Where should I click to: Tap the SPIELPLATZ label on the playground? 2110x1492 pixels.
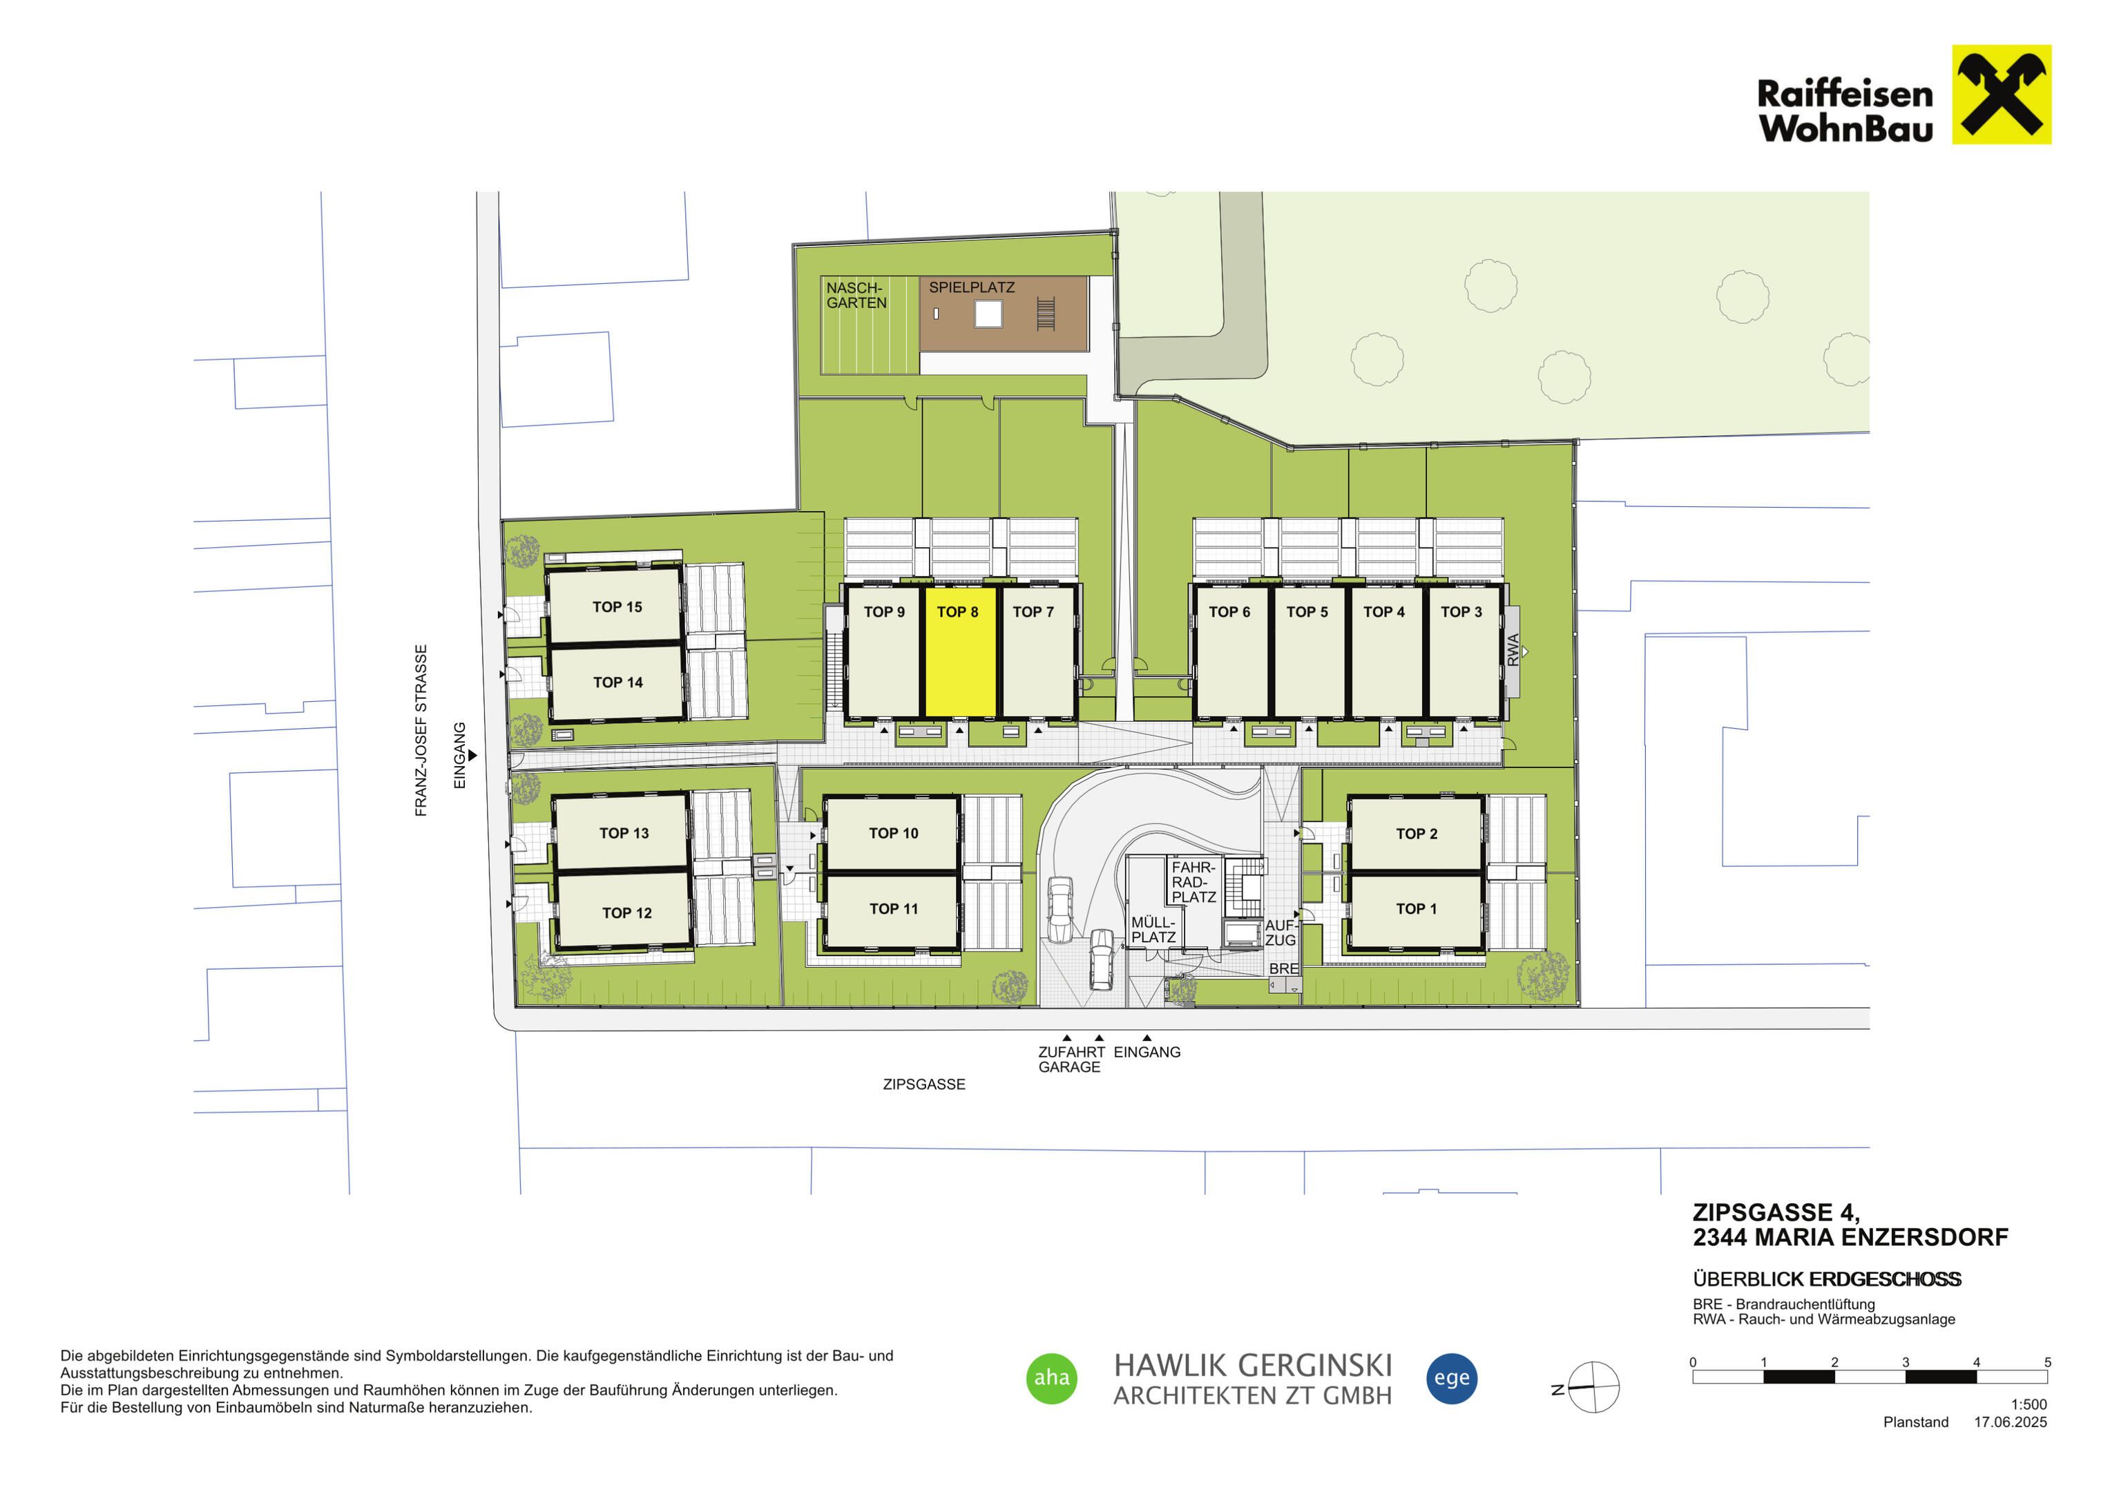click(x=971, y=288)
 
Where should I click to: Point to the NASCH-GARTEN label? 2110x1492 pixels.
click(x=856, y=295)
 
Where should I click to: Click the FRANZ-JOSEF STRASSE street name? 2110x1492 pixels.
click(x=421, y=730)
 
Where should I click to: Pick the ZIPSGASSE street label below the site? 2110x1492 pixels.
click(x=923, y=1084)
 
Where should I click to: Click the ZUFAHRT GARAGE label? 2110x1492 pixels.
click(x=1071, y=1059)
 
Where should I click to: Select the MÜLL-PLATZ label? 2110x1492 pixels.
click(x=1153, y=930)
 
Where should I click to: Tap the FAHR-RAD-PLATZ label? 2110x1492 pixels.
click(x=1193, y=881)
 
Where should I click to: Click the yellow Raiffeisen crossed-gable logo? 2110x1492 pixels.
click(x=2002, y=95)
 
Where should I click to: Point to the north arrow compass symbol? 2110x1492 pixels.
click(x=1593, y=1387)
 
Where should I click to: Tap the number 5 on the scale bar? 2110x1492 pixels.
click(x=2048, y=1362)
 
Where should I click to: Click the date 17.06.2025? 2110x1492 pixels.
click(x=2011, y=1422)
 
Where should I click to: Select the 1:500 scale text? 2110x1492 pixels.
click(x=2029, y=1405)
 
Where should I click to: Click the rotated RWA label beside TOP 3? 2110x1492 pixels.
click(x=1513, y=650)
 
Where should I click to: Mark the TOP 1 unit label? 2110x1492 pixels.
click(x=1416, y=908)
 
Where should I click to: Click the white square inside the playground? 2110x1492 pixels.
click(x=988, y=314)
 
